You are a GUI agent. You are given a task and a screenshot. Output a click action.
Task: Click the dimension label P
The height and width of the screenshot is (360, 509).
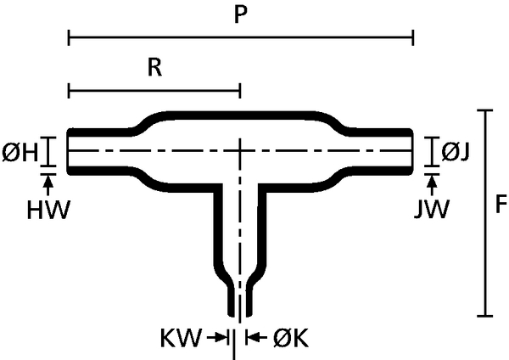[241, 14]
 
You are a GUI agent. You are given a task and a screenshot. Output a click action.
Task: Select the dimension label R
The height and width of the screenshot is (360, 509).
[155, 68]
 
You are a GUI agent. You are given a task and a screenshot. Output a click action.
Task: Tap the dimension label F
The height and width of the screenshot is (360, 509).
[501, 205]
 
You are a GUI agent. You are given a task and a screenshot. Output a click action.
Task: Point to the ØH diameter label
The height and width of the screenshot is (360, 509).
[20, 153]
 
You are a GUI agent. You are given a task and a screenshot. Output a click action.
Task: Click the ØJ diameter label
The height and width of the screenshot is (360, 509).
[456, 152]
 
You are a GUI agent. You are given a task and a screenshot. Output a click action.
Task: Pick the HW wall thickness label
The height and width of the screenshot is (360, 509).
[48, 210]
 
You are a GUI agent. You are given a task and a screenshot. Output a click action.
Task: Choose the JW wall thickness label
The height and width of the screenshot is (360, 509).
[432, 210]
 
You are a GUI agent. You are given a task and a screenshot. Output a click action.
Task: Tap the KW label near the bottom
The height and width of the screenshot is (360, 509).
[181, 338]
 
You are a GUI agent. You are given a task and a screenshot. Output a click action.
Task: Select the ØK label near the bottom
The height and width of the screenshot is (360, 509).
[290, 338]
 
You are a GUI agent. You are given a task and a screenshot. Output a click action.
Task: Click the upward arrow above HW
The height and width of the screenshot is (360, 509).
[48, 185]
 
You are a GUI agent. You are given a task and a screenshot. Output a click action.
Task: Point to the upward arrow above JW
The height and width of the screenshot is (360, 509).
[432, 185]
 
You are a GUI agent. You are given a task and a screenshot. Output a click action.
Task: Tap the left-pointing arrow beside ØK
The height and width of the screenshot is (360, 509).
[256, 338]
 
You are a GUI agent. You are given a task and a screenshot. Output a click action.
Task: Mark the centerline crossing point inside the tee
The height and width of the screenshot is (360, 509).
[240, 150]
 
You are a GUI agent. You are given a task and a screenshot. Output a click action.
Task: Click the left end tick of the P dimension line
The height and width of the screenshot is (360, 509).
[69, 37]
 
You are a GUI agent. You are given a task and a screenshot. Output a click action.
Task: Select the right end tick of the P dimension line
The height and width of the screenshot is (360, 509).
[412, 37]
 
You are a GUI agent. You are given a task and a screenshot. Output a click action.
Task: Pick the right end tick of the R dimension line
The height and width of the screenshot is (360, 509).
[240, 90]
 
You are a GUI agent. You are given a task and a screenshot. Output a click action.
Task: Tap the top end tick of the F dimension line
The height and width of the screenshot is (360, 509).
[485, 110]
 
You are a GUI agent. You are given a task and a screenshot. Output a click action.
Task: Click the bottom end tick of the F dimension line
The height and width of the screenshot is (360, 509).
[485, 315]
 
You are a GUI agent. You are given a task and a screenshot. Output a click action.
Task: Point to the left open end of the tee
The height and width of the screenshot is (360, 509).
[69, 151]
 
